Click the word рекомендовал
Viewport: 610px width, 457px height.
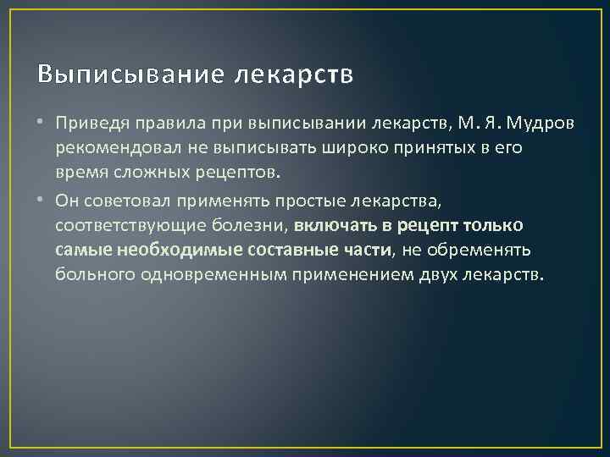[x=110, y=150]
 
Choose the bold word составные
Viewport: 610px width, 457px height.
[x=300, y=251]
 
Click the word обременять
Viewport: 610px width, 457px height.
[x=482, y=251]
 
